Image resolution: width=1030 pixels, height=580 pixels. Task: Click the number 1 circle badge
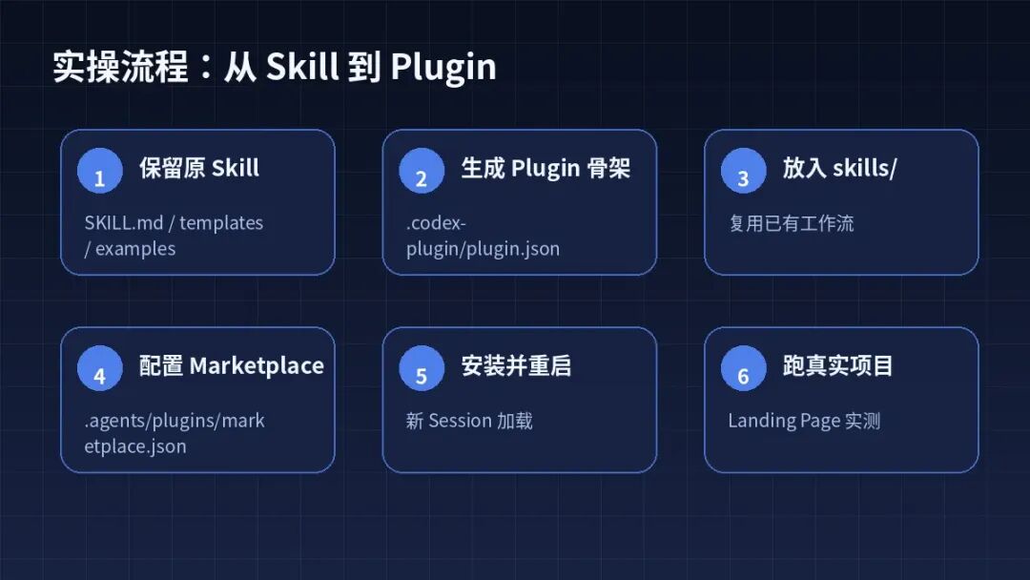click(x=100, y=171)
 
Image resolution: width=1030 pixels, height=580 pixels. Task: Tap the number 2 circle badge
click(x=422, y=171)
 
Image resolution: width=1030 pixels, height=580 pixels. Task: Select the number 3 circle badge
click(x=744, y=171)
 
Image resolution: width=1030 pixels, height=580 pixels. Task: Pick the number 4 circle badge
click(x=100, y=368)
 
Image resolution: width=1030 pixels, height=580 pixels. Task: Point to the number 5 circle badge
click(x=422, y=368)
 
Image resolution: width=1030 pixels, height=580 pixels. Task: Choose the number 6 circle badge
click(x=744, y=368)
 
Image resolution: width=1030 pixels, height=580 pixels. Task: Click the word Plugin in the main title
click(x=443, y=68)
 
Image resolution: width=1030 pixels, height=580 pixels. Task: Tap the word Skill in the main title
click(x=302, y=67)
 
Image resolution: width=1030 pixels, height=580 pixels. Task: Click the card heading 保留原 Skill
click(x=199, y=168)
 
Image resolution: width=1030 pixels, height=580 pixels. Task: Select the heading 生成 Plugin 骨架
click(x=546, y=169)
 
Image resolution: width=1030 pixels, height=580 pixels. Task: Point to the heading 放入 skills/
click(x=839, y=168)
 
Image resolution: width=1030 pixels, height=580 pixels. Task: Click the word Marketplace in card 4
click(x=257, y=366)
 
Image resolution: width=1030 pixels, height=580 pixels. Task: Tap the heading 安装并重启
click(x=516, y=366)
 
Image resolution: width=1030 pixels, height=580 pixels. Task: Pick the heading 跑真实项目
click(x=837, y=366)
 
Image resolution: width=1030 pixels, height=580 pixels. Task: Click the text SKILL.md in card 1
click(x=123, y=222)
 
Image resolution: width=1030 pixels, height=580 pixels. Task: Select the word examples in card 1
click(x=135, y=249)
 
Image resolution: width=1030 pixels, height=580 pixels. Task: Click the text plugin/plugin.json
click(x=483, y=250)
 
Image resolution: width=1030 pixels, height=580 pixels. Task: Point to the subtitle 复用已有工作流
click(x=792, y=223)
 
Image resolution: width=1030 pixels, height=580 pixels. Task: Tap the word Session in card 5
click(x=461, y=421)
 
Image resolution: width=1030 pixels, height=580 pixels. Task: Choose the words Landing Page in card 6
click(x=784, y=421)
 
